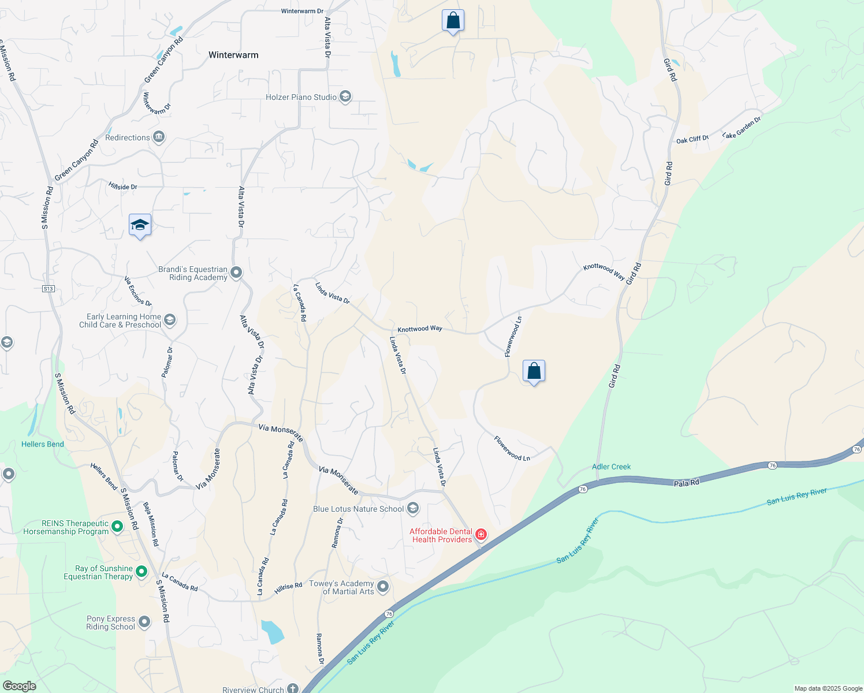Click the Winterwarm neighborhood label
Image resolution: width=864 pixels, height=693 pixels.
[233, 55]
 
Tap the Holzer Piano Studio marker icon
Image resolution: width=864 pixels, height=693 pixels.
[345, 96]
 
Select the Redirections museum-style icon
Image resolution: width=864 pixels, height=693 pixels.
[159, 137]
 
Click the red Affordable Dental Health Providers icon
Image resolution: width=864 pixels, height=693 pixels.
[481, 535]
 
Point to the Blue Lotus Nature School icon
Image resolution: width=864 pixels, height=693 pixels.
[412, 509]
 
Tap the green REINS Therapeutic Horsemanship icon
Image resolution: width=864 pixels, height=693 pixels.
[117, 527]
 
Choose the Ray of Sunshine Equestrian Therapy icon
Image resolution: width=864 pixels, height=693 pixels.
[141, 572]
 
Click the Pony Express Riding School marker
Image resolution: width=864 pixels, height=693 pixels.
[144, 622]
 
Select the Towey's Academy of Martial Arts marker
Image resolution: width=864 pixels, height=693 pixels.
[382, 587]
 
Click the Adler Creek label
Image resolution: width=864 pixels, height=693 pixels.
[611, 467]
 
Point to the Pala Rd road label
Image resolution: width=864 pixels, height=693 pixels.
[687, 483]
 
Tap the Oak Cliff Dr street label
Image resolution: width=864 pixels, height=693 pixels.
[692, 140]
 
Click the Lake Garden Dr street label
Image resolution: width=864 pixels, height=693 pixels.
[742, 128]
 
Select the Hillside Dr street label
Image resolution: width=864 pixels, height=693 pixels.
[123, 187]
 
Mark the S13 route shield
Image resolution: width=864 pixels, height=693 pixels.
[48, 289]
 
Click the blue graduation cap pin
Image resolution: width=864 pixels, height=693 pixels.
[140, 225]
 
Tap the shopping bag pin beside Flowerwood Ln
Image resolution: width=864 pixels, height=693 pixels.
[534, 371]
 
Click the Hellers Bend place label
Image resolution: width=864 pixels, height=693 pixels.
[43, 444]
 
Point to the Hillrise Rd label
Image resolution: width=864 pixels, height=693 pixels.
[288, 586]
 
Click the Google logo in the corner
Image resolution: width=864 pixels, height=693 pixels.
[19, 686]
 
